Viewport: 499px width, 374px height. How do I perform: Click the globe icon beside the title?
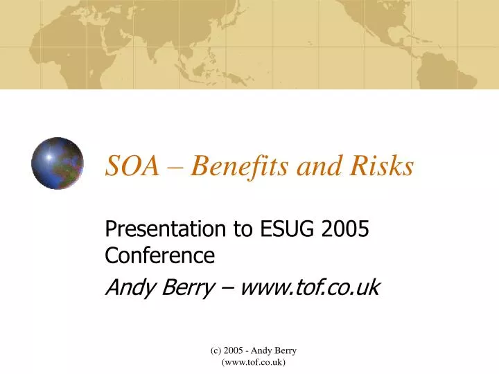coord(58,163)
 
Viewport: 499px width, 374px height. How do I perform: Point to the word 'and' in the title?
coord(316,166)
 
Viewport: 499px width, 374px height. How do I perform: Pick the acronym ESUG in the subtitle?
coord(284,229)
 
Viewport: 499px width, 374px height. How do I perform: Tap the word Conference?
coord(159,256)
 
